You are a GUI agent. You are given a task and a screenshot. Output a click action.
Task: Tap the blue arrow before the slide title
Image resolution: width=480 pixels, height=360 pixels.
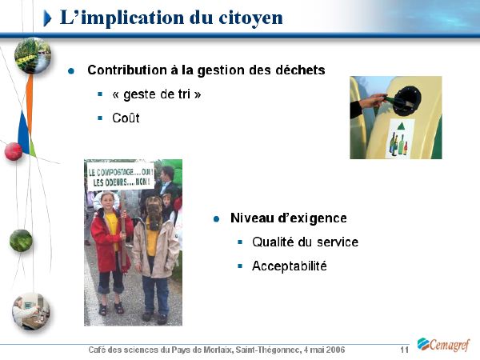click(47, 18)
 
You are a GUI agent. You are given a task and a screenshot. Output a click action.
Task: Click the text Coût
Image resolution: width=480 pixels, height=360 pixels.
click(126, 118)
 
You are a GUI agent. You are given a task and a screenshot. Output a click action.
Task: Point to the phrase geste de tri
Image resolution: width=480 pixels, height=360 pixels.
click(157, 94)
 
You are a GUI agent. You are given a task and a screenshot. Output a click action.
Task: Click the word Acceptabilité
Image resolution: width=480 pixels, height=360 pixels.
click(290, 266)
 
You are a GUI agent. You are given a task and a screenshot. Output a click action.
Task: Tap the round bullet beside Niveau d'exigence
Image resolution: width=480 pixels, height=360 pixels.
click(217, 219)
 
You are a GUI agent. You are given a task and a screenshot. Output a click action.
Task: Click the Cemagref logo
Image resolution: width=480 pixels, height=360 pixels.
click(443, 344)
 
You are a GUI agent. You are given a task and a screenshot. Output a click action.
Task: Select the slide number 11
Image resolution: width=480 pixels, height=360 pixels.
click(404, 350)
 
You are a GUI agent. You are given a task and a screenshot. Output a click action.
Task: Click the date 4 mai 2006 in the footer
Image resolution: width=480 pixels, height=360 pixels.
click(324, 350)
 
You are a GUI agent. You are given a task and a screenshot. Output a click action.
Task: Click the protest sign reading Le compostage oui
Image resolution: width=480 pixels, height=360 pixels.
click(121, 176)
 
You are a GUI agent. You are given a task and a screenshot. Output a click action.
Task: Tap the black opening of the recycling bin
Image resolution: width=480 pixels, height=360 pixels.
click(407, 101)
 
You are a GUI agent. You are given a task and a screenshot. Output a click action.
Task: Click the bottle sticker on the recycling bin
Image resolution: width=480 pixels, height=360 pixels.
click(399, 138)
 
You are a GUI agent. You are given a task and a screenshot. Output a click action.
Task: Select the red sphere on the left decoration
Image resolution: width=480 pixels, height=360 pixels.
click(14, 151)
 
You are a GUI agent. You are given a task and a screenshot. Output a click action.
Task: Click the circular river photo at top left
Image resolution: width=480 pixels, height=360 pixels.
click(33, 55)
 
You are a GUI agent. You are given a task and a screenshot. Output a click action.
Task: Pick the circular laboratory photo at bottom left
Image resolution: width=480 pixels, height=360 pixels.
click(30, 311)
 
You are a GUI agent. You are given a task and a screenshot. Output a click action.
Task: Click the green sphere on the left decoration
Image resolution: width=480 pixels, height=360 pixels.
click(21, 241)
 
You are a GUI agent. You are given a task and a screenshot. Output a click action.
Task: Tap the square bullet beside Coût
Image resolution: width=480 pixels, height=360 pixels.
click(100, 118)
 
